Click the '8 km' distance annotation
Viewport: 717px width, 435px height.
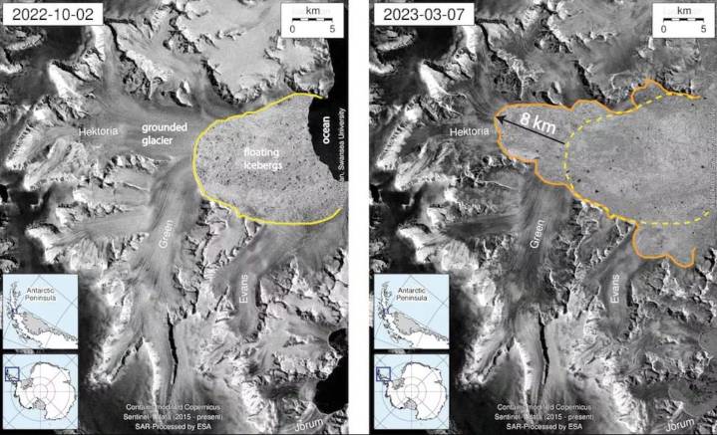pyautogui.click(x=539, y=127)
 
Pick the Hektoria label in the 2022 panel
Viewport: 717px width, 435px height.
pyautogui.click(x=100, y=130)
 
